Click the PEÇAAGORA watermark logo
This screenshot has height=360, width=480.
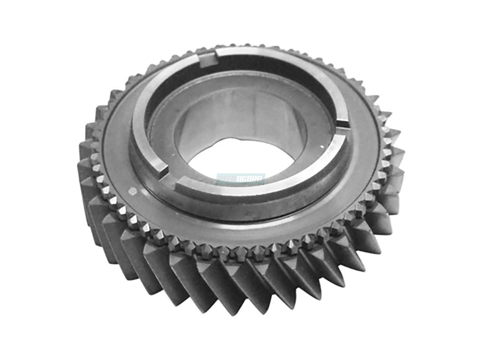click(240, 179)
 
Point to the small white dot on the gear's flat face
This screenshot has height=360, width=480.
click(132, 191)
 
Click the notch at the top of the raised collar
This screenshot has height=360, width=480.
click(209, 57)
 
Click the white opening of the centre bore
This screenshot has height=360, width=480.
click(240, 160)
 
